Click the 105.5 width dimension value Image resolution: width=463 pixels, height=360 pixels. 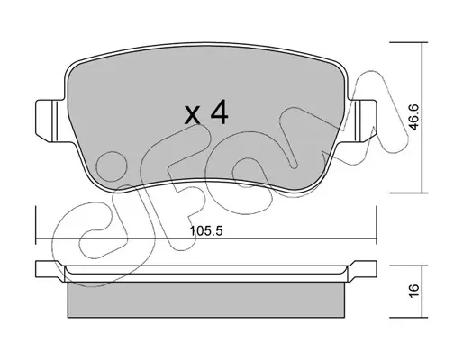206,231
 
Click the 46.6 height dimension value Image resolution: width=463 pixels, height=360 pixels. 414,117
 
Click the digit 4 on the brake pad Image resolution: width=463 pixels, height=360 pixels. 220,112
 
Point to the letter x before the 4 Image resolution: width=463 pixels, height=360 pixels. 193,115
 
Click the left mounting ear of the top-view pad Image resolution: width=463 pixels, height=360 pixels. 50,121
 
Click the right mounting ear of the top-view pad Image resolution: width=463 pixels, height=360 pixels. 362,121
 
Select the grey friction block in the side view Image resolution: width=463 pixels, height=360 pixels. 206,300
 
